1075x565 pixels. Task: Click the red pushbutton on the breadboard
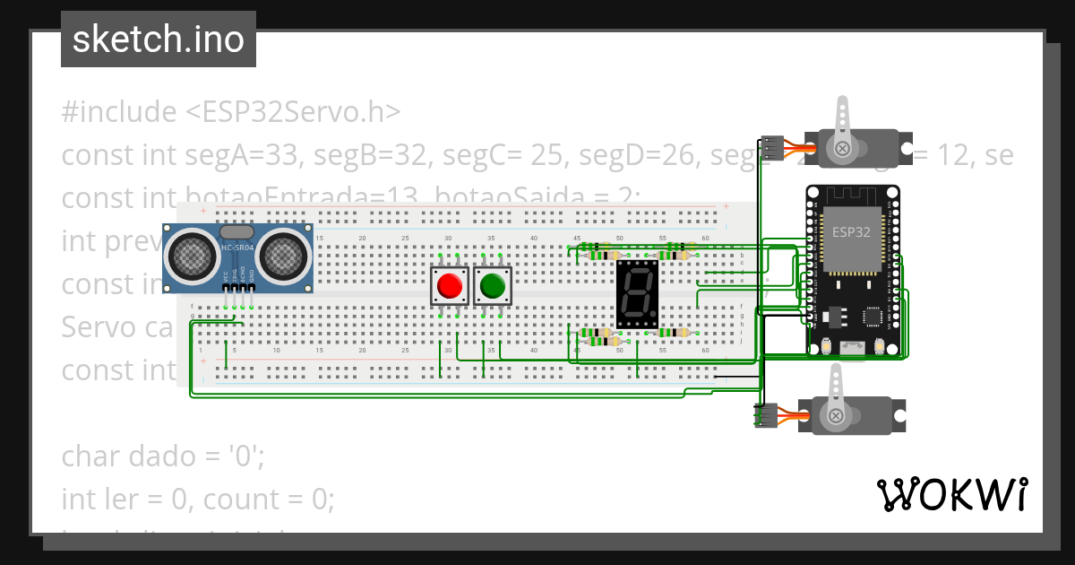point(449,286)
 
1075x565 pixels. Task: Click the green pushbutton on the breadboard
point(492,286)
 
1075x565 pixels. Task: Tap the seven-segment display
point(637,294)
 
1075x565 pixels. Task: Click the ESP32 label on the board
point(847,230)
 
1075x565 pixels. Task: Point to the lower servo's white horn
point(836,395)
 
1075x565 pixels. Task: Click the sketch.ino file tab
point(158,39)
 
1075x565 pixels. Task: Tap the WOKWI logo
point(951,494)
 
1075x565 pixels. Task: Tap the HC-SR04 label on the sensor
point(237,246)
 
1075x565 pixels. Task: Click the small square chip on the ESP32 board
point(871,317)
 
